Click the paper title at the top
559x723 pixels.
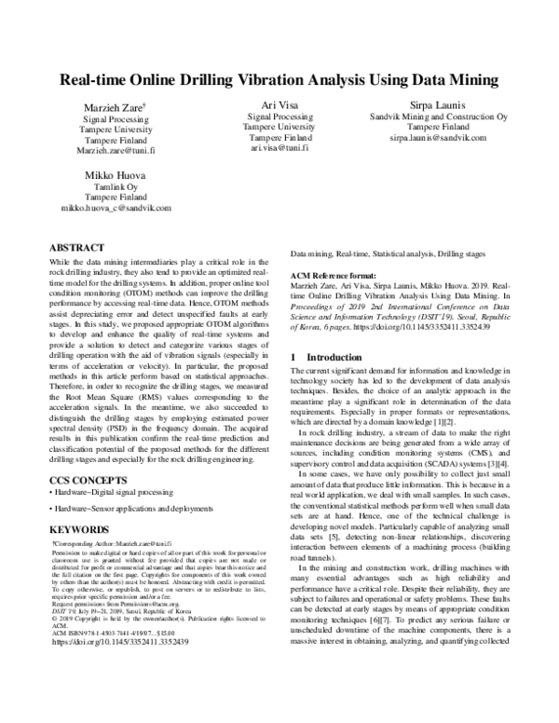point(279,80)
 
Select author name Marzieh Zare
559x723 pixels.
point(111,108)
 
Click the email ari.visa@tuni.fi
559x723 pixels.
point(279,148)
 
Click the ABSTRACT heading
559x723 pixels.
point(76,249)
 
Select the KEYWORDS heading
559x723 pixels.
point(79,529)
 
